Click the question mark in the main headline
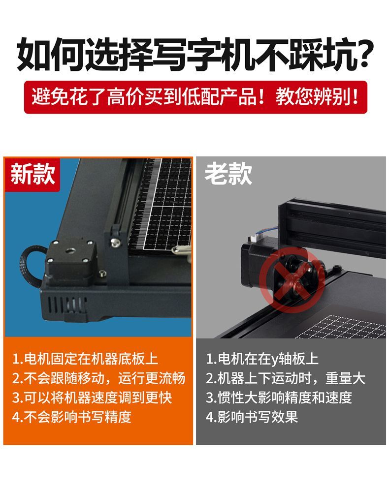point(362,54)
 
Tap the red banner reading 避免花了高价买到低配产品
point(195,97)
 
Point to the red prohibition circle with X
point(292,280)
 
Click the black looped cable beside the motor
point(30,265)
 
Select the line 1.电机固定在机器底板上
point(85,359)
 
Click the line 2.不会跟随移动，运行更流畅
point(98,378)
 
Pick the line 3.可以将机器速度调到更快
point(92,397)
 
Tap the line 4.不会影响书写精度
point(71,417)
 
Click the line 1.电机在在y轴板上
point(262,359)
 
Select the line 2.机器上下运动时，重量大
point(286,378)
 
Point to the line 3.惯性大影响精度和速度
point(279,397)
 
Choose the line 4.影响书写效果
point(252,417)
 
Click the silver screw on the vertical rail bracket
point(115,242)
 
